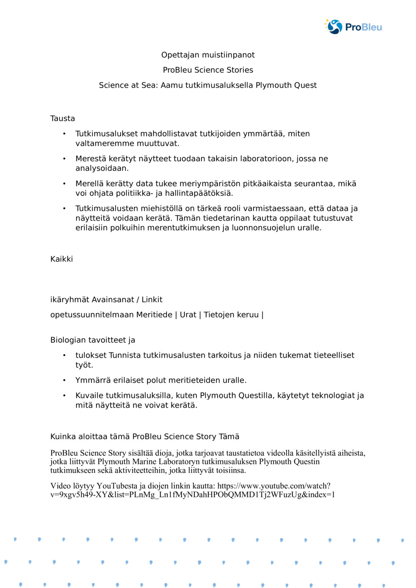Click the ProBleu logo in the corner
coord(353,27)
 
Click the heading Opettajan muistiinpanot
coord(208,55)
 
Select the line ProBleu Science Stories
coord(208,70)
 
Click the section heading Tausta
coord(62,118)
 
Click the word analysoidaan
coord(102,168)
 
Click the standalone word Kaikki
coord(62,259)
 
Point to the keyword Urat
coord(188,315)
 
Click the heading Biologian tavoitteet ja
coord(93,340)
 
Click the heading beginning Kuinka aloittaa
coord(145,436)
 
